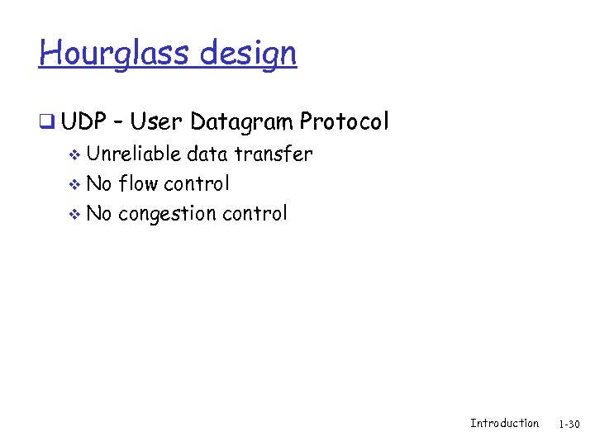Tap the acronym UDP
point(83,122)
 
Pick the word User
point(156,122)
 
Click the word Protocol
point(344,122)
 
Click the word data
point(207,154)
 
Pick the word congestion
point(169,215)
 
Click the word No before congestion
point(99,213)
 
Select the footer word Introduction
point(504,423)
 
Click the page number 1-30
point(569,424)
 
